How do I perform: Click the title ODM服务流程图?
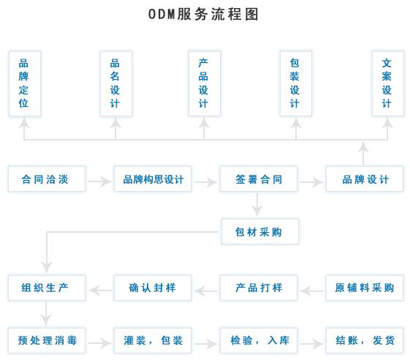click(203, 14)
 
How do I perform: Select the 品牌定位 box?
click(25, 83)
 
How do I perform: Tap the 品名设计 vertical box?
click(115, 83)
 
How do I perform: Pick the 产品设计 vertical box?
click(205, 83)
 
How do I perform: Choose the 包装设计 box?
click(296, 83)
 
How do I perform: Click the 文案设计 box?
click(388, 83)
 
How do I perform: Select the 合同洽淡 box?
click(47, 179)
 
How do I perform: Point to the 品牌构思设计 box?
click(153, 179)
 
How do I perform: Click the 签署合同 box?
click(259, 179)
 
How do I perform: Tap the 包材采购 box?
click(260, 232)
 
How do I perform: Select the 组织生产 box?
click(47, 288)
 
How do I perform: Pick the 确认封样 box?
click(153, 288)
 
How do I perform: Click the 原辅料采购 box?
click(365, 288)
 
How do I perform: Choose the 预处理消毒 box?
click(47, 340)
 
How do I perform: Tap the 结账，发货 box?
click(365, 340)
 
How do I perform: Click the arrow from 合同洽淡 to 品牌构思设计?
click(99, 181)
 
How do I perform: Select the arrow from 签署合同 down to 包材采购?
click(257, 205)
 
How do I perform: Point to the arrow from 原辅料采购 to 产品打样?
click(311, 290)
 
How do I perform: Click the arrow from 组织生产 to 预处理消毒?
click(46, 314)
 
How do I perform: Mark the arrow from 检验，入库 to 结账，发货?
click(311, 343)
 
